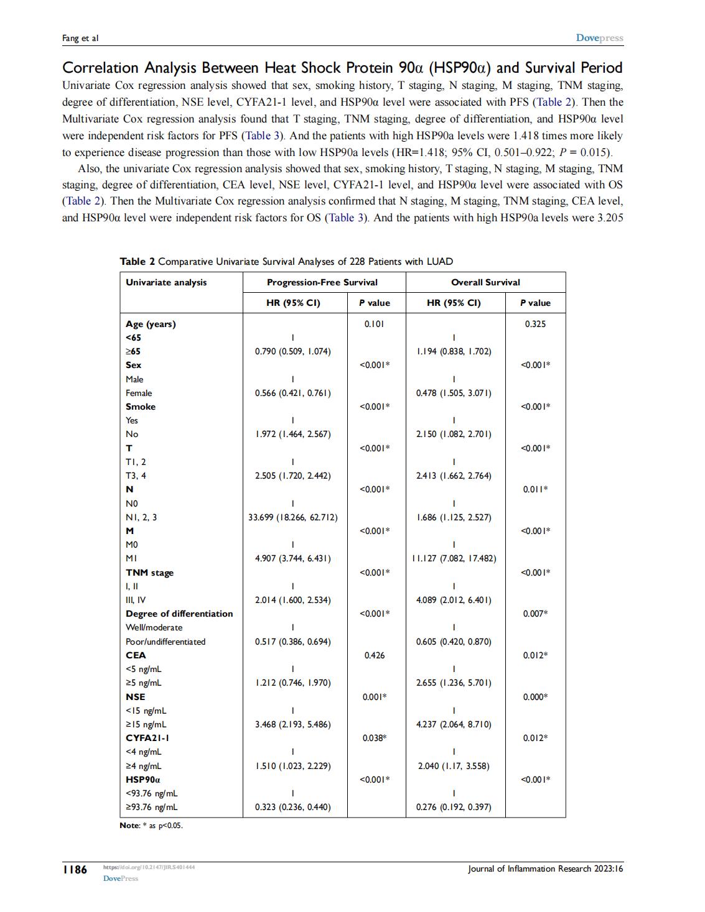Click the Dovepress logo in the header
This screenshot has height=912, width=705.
[599, 38]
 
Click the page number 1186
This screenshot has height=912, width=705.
[75, 869]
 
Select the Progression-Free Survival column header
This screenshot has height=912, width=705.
[322, 282]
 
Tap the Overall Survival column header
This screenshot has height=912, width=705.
[485, 282]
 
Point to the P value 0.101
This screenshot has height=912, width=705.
[374, 324]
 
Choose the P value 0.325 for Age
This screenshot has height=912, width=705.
[535, 324]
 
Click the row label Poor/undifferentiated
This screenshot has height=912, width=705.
[166, 642]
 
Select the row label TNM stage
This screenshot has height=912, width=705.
[149, 573]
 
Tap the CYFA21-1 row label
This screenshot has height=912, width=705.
[147, 738]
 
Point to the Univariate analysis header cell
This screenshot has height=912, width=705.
[166, 282]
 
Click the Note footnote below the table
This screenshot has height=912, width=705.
[151, 826]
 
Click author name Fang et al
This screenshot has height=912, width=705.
[80, 39]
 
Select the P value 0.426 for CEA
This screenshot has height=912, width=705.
[374, 655]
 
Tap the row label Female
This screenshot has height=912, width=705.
[139, 393]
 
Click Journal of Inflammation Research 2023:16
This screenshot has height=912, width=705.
[545, 868]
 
